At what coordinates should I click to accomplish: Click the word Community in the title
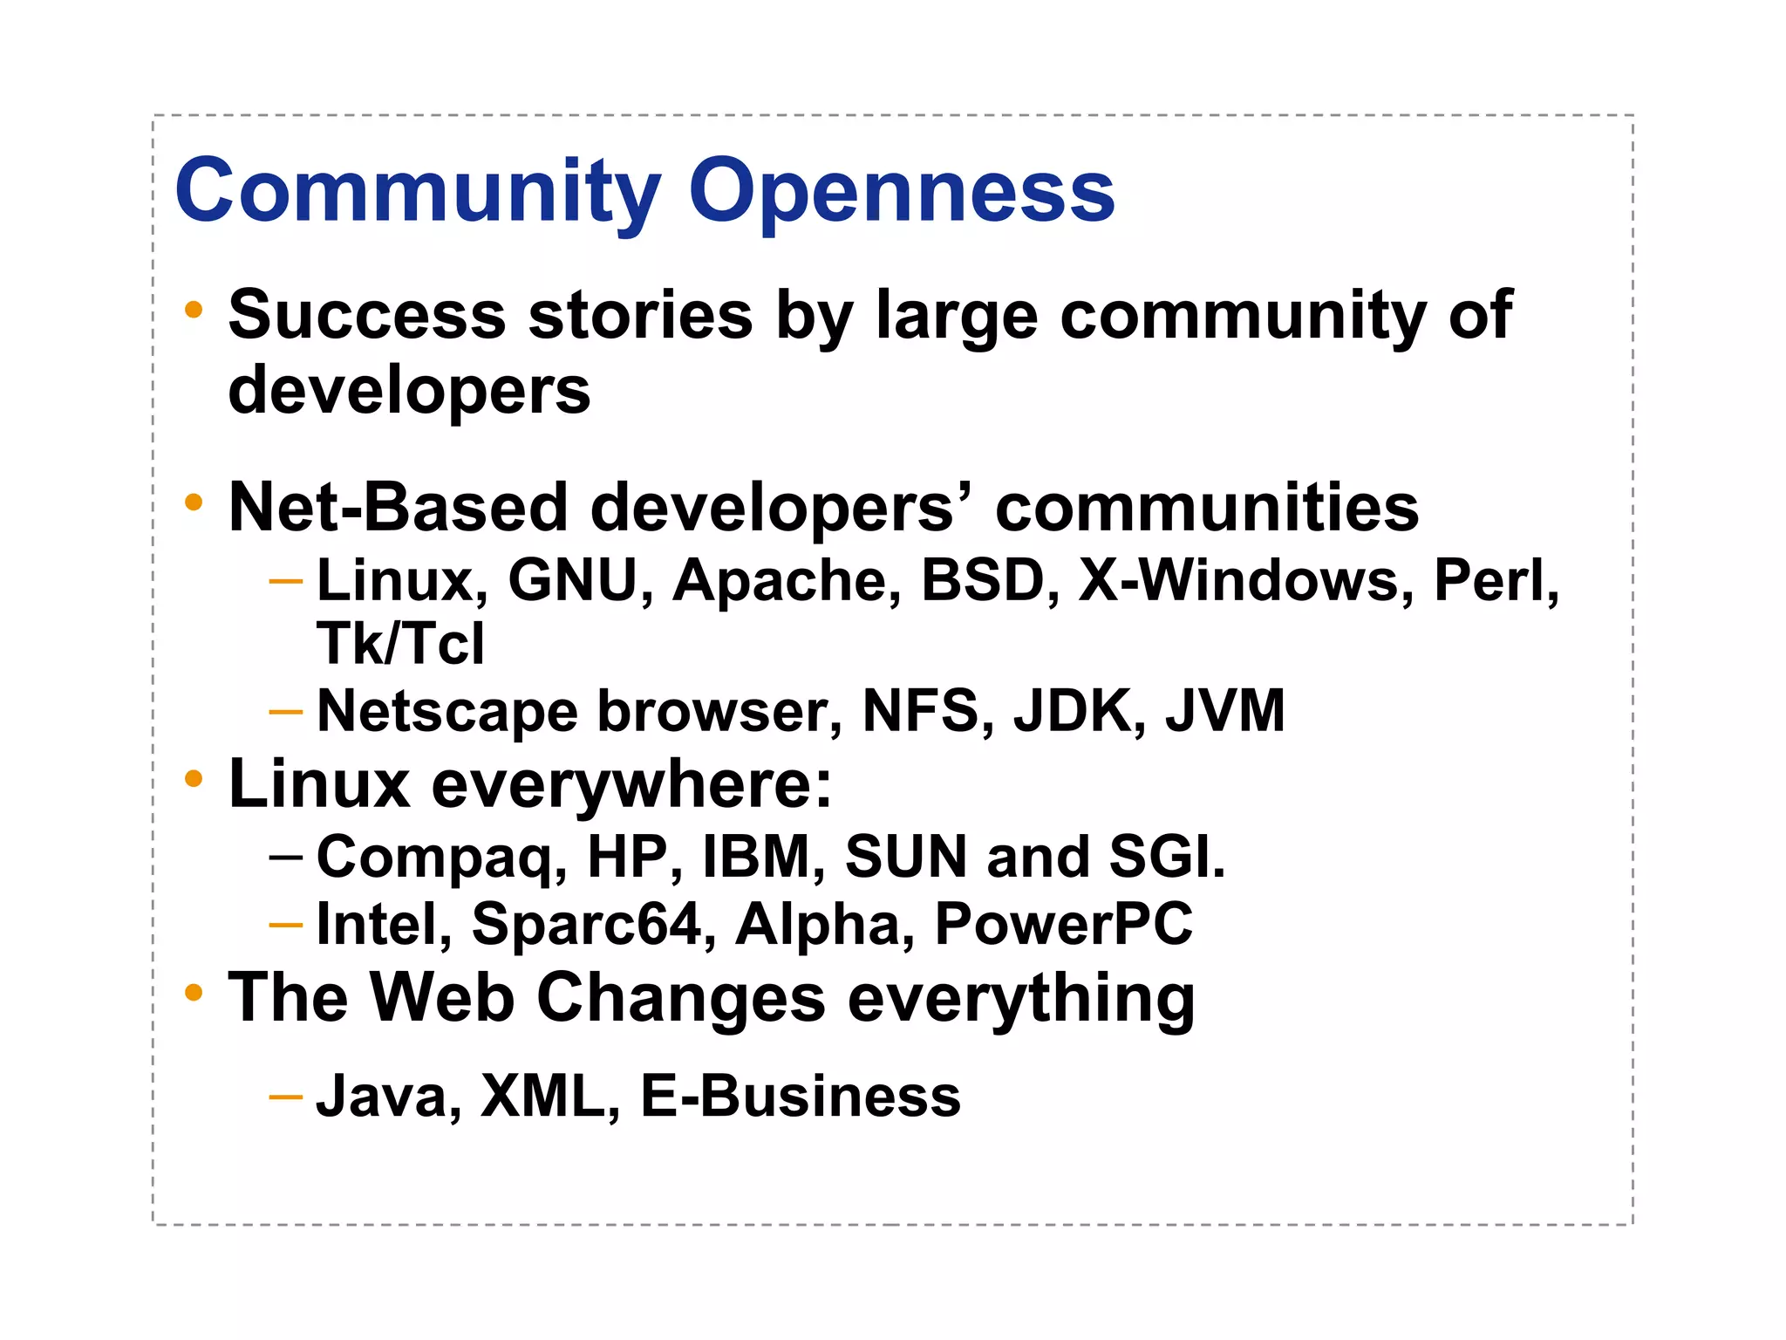click(x=418, y=191)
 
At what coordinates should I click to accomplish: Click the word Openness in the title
click(x=902, y=191)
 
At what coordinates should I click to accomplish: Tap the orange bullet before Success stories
click(x=194, y=310)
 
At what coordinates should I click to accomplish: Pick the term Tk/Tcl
click(x=400, y=644)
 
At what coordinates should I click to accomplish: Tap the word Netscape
click(x=447, y=711)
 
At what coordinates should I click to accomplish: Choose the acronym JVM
click(x=1224, y=711)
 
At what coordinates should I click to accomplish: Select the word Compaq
click(x=441, y=858)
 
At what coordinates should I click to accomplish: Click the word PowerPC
click(x=1063, y=924)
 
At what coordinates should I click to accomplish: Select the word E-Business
click(x=800, y=1096)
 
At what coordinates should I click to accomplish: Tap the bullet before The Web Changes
click(x=194, y=993)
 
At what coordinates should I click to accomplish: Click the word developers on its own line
click(x=409, y=390)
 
